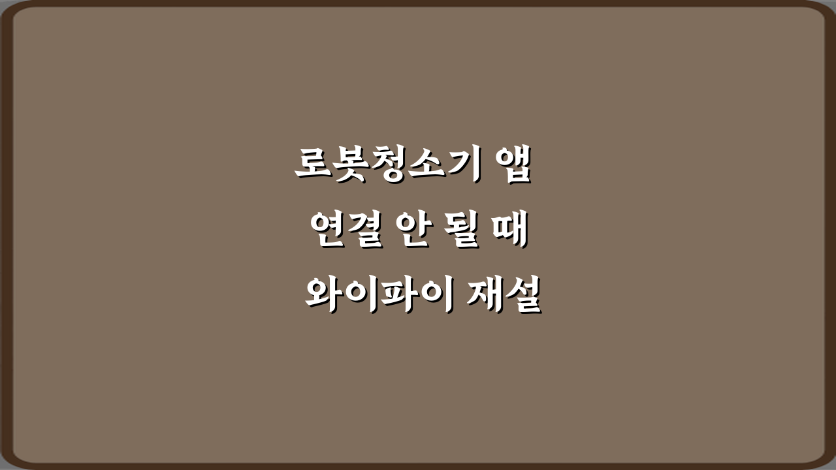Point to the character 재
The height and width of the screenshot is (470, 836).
click(485, 297)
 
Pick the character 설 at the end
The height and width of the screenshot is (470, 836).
click(522, 297)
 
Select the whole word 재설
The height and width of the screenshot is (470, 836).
click(504, 297)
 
